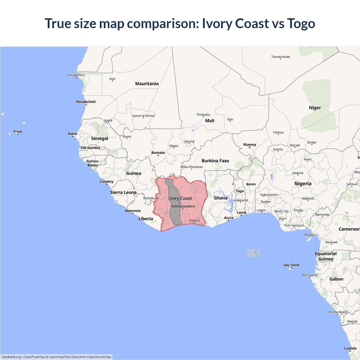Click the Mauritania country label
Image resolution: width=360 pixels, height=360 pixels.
(x=147, y=84)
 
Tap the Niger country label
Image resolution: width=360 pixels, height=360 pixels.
(x=315, y=108)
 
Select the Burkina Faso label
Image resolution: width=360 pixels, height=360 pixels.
(x=215, y=161)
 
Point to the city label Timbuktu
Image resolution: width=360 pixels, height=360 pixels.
(x=203, y=114)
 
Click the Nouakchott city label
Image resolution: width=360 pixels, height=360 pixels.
(x=86, y=102)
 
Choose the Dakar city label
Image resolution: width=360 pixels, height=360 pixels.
(x=73, y=134)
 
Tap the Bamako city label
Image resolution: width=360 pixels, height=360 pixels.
(x=158, y=153)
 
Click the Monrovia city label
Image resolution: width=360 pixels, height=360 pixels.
(x=133, y=211)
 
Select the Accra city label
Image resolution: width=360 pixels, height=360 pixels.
(x=229, y=218)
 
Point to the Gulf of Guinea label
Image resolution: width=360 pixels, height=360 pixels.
(x=253, y=253)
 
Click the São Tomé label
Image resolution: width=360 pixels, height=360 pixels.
(x=291, y=265)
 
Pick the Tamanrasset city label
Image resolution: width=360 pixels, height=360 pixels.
(x=280, y=57)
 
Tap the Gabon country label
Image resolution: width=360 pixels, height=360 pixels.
(x=336, y=279)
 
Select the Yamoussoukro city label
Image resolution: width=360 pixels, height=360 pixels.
(x=183, y=206)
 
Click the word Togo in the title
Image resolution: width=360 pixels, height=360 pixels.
(x=301, y=23)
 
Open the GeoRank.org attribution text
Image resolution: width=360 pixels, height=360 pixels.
(x=11, y=357)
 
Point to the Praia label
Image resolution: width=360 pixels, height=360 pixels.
(x=18, y=131)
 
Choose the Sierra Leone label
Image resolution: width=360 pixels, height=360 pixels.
(x=123, y=192)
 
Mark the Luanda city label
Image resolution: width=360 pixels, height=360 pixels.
(x=350, y=348)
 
